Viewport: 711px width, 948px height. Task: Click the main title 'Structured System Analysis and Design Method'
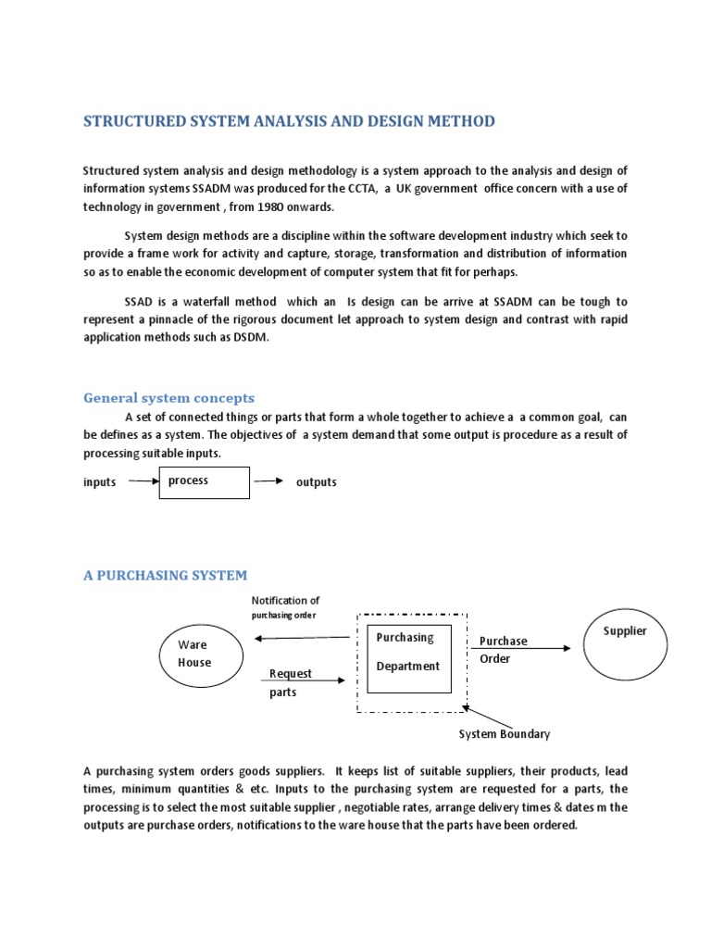tap(289, 121)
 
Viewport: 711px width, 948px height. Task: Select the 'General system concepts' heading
tap(168, 398)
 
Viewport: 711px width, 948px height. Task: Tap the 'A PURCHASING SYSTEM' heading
tap(165, 575)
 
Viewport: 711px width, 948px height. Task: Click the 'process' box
tap(204, 482)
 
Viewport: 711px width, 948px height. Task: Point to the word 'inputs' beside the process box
tap(99, 482)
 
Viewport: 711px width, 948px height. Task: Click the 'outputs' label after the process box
tap(316, 482)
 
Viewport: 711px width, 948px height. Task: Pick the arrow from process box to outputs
tap(268, 481)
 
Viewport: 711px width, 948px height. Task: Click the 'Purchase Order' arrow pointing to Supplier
tap(524, 649)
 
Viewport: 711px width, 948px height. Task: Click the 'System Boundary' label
tap(505, 734)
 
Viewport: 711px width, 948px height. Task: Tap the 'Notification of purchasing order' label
tap(284, 607)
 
